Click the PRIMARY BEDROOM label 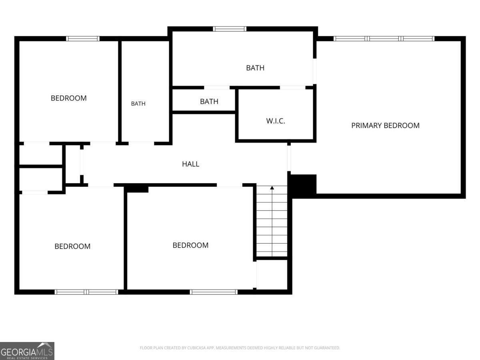pyautogui.click(x=385, y=126)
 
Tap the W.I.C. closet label pyautogui.click(x=276, y=121)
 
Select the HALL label pyautogui.click(x=190, y=164)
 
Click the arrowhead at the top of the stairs pyautogui.click(x=272, y=188)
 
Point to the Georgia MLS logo pyautogui.click(x=27, y=351)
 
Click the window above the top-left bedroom pyautogui.click(x=83, y=39)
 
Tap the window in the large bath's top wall pyautogui.click(x=230, y=29)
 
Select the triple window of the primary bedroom pyautogui.click(x=384, y=39)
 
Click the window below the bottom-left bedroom pyautogui.click(x=86, y=292)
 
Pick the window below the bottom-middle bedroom pyautogui.click(x=214, y=292)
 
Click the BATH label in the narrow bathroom pyautogui.click(x=138, y=104)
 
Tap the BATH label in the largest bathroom pyautogui.click(x=255, y=68)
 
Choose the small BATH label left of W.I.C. pyautogui.click(x=209, y=102)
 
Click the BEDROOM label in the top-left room pyautogui.click(x=69, y=98)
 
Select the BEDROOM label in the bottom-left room pyautogui.click(x=72, y=246)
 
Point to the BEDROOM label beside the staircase pyautogui.click(x=190, y=245)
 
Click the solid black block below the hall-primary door pyautogui.click(x=303, y=184)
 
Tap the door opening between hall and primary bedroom pyautogui.click(x=289, y=158)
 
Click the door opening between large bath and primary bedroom pyautogui.click(x=315, y=71)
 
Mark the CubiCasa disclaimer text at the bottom pyautogui.click(x=240, y=348)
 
